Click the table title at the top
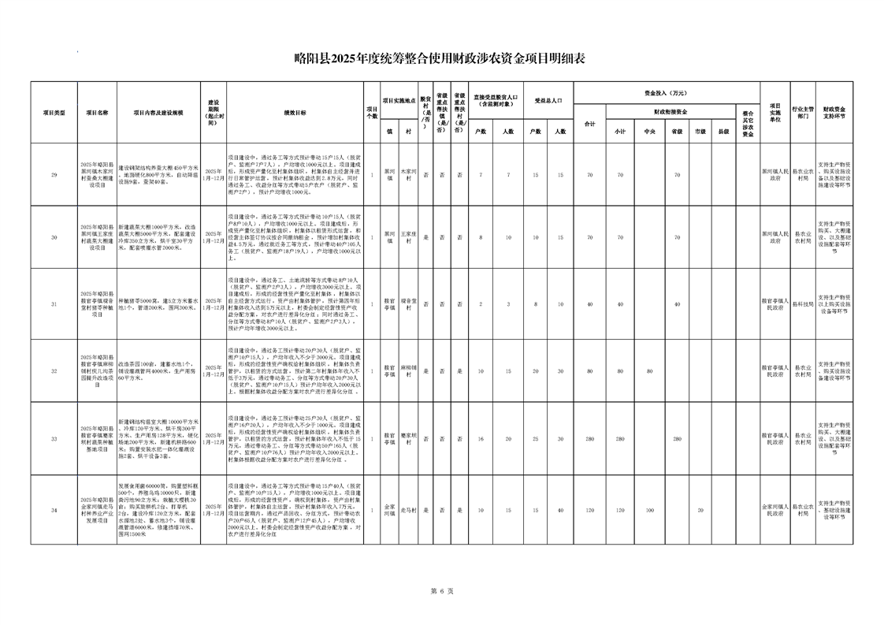tap(441, 58)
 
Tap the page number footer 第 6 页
tap(441, 590)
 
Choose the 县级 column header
tap(723, 131)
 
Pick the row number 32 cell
tap(54, 370)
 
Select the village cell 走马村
tap(408, 511)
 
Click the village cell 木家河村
tap(408, 173)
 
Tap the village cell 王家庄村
tap(408, 236)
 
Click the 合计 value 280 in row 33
tap(589, 438)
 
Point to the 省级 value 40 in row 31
tap(676, 303)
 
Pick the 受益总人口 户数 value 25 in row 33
tap(535, 438)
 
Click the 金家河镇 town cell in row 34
tap(389, 511)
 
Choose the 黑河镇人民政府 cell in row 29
tap(774, 173)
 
